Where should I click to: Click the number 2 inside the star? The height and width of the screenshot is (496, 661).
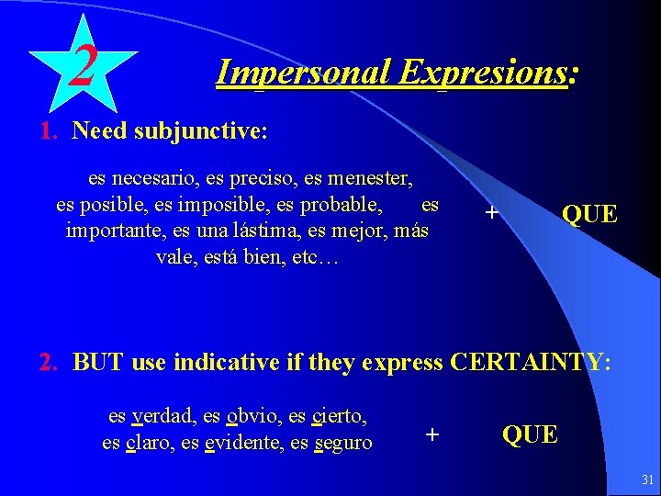pos(84,66)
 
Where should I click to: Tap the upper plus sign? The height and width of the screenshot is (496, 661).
pos(492,213)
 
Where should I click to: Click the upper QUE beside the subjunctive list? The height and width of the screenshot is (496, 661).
pos(589,215)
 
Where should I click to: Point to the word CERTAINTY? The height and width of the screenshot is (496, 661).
pos(527,362)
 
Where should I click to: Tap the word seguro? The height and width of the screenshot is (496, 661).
pos(342,442)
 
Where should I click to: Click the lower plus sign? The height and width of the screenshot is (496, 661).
pos(432,433)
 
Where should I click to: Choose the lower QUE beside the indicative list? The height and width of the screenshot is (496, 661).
pos(530,434)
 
